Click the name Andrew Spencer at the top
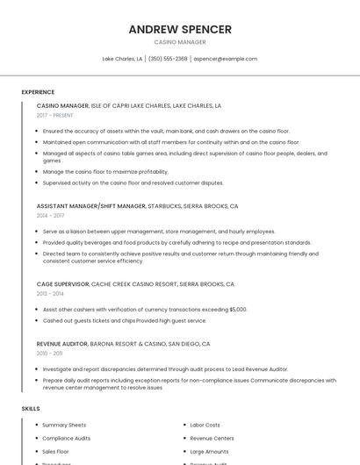click(180, 29)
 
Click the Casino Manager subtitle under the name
click(180, 42)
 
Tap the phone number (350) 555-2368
click(168, 59)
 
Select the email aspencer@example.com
click(226, 59)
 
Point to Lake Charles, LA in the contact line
click(122, 59)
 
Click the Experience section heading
click(38, 92)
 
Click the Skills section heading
click(31, 409)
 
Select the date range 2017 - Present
click(56, 115)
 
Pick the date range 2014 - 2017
click(50, 215)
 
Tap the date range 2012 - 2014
click(50, 293)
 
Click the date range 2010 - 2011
click(49, 353)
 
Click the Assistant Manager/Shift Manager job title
click(91, 206)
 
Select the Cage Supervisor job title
click(62, 284)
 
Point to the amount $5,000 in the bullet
click(238, 310)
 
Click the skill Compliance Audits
click(66, 438)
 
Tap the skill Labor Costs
click(205, 425)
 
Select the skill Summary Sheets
click(64, 425)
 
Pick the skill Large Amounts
click(209, 451)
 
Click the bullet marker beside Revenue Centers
click(184, 438)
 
